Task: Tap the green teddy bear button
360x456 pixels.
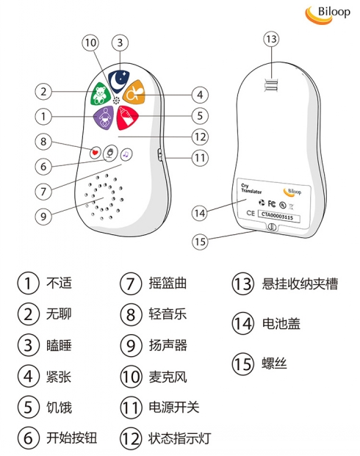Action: [101, 93]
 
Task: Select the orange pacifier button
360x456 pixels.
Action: [134, 93]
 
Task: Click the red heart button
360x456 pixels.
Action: [95, 152]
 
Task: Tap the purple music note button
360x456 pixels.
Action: [126, 154]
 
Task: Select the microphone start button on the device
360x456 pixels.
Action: [110, 153]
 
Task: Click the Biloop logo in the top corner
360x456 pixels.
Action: [328, 15]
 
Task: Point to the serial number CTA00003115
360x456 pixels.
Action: [278, 216]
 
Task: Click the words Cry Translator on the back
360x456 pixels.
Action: [251, 189]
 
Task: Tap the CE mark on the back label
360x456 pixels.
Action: [251, 213]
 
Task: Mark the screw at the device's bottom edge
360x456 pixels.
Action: [271, 227]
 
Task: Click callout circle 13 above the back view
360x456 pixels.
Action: [271, 39]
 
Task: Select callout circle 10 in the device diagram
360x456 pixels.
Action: [90, 43]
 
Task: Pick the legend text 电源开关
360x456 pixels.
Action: [173, 407]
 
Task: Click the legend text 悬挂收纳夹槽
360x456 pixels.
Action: [300, 284]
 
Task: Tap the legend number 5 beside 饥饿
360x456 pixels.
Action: [28, 407]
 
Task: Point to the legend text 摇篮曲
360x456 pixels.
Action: [168, 283]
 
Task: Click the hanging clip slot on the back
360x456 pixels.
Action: [271, 84]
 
